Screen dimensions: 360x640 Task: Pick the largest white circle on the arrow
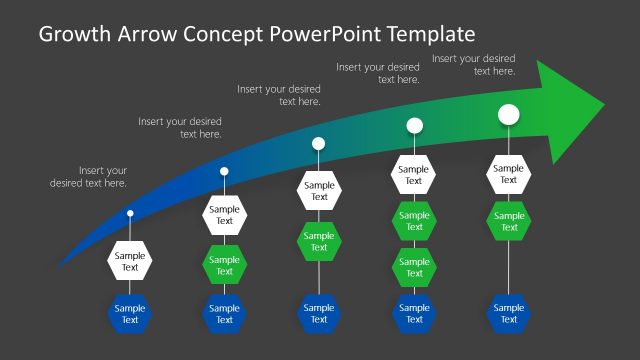tap(508, 115)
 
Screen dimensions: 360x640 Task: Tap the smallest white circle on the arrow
tap(130, 213)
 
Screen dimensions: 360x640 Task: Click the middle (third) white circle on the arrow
tap(318, 143)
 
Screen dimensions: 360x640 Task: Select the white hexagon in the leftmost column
tap(130, 261)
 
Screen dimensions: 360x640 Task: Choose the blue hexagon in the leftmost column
tap(130, 314)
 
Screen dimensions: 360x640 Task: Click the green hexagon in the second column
tap(224, 266)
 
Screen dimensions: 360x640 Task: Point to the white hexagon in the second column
tap(224, 215)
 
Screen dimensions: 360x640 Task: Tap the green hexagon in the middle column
tap(319, 241)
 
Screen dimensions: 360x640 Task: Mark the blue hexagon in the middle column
tap(319, 314)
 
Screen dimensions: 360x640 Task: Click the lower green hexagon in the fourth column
tap(413, 267)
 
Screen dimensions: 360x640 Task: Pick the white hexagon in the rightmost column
tap(508, 175)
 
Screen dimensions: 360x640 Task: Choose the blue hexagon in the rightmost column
tap(508, 314)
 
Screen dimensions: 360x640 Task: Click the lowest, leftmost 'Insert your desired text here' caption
tap(89, 177)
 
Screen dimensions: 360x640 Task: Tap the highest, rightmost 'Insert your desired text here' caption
tap(474, 65)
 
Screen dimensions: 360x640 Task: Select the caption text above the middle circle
tap(279, 95)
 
